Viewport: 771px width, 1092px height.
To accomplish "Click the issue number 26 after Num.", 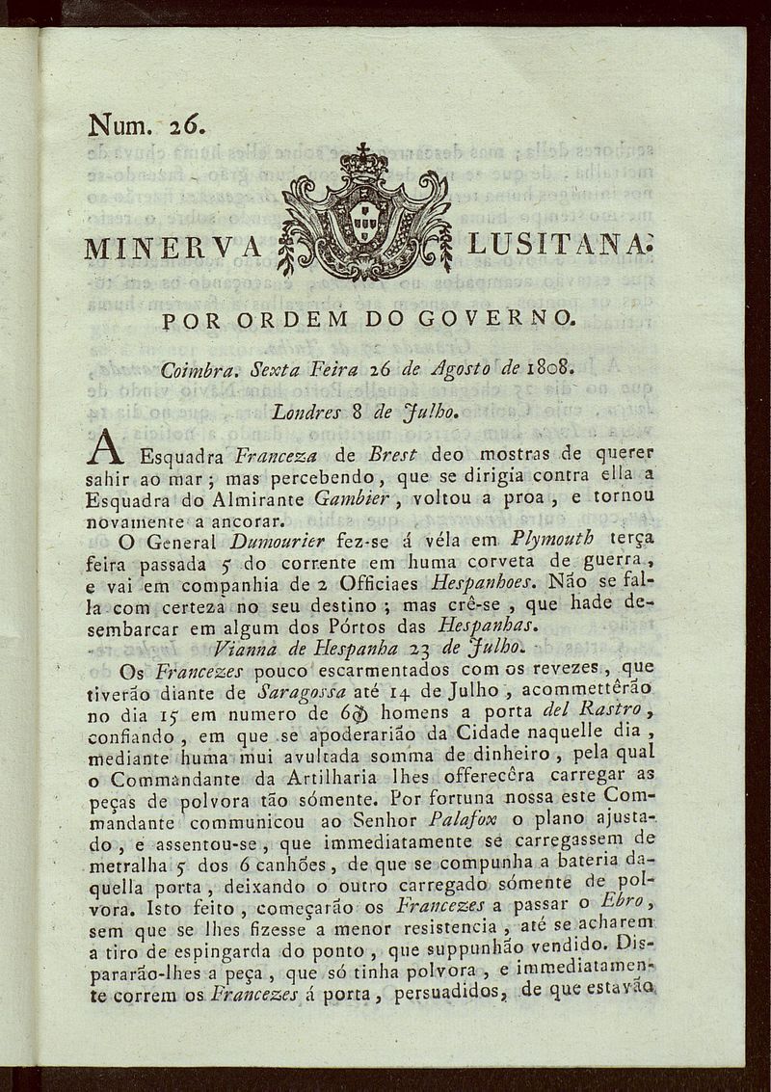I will pos(182,126).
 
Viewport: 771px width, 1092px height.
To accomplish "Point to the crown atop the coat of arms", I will pos(363,161).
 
